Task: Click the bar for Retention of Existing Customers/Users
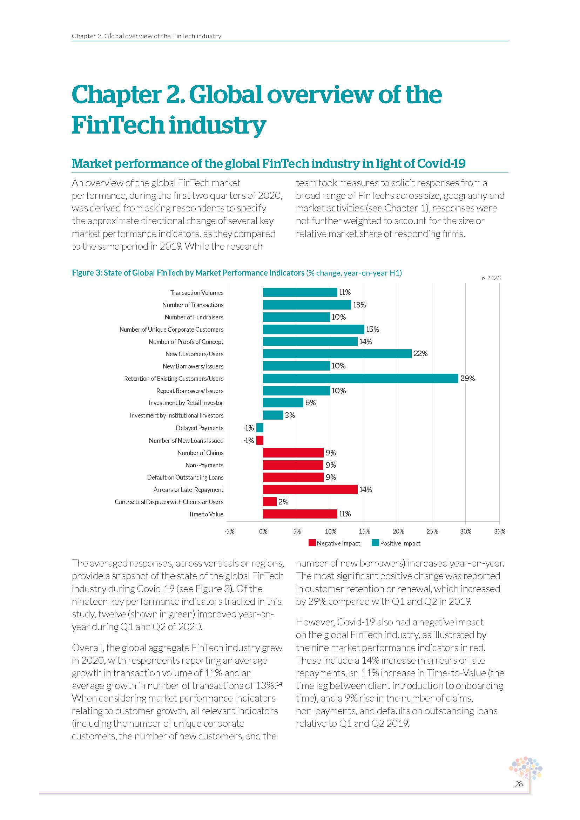[360, 378]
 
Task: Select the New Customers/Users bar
[337, 354]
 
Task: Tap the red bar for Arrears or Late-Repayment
[310, 489]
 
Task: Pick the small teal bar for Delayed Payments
[259, 427]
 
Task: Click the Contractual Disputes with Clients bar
[270, 501]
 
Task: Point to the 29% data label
[467, 378]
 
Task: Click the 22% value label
[420, 354]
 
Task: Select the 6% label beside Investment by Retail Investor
[310, 402]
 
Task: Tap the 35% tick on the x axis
[499, 531]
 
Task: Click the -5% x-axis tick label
[229, 531]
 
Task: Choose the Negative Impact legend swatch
[312, 543]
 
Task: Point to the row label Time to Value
[206, 514]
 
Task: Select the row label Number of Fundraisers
[194, 317]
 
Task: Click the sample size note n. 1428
[491, 278]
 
